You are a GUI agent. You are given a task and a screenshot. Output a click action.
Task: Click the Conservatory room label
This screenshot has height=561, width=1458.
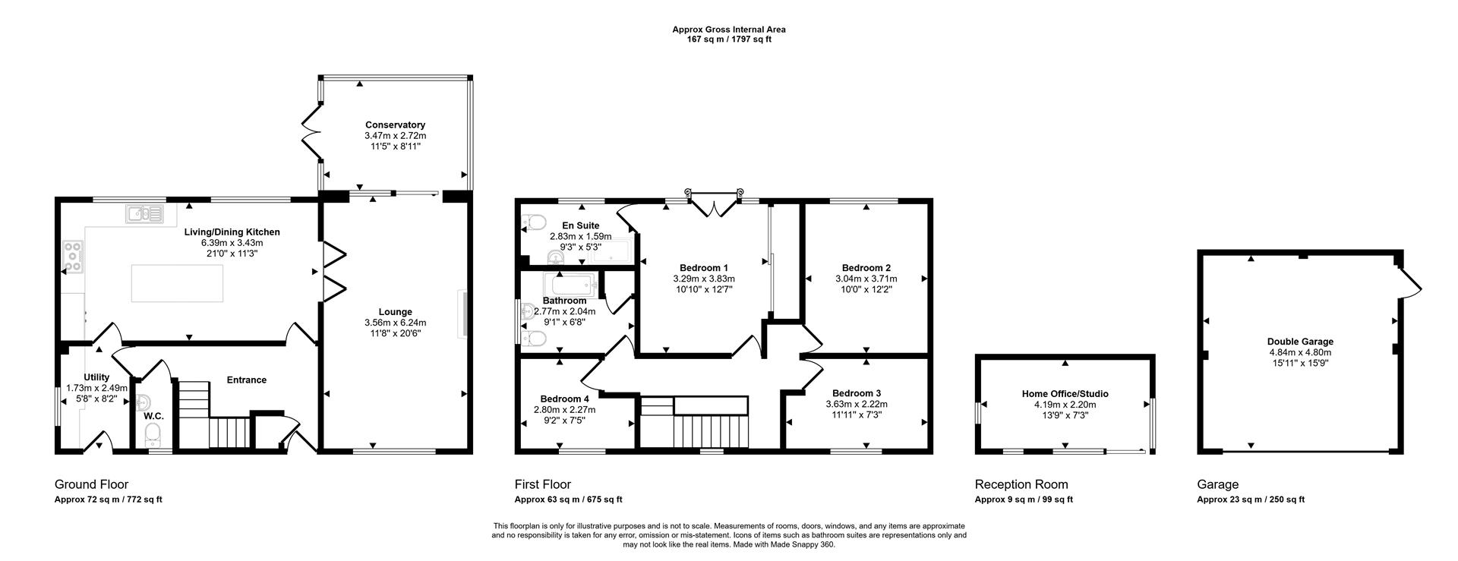click(395, 125)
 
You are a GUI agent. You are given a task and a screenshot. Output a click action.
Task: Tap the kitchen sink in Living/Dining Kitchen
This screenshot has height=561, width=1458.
click(144, 214)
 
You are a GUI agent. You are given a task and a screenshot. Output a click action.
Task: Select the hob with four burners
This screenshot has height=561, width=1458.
click(74, 256)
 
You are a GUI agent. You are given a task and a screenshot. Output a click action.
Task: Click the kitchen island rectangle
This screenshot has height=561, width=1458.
click(177, 283)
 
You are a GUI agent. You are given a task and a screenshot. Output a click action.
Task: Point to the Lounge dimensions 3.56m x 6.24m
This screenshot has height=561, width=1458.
click(395, 323)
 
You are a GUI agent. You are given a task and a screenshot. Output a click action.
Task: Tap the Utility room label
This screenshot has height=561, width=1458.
click(96, 377)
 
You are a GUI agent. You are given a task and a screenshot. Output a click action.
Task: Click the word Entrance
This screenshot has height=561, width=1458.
click(246, 380)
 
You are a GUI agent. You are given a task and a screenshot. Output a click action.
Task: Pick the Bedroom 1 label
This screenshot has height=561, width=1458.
click(703, 268)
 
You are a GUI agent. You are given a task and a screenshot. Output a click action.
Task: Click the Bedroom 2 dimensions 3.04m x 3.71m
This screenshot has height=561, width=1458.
click(866, 279)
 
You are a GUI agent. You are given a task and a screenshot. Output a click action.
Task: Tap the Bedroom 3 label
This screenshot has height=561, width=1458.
click(856, 393)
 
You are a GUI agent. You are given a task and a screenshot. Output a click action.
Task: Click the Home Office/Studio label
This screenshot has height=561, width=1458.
click(1065, 394)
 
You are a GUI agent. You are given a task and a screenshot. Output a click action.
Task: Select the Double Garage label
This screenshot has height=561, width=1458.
click(1300, 342)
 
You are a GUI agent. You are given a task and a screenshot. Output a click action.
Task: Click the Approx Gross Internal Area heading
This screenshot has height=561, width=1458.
click(728, 30)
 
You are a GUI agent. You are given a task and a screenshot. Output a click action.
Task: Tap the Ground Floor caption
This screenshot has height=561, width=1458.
click(91, 484)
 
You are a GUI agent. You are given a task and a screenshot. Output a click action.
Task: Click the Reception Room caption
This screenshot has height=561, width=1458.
click(1021, 484)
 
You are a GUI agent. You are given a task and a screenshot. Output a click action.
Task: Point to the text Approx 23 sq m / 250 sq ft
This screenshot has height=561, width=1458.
click(1250, 500)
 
